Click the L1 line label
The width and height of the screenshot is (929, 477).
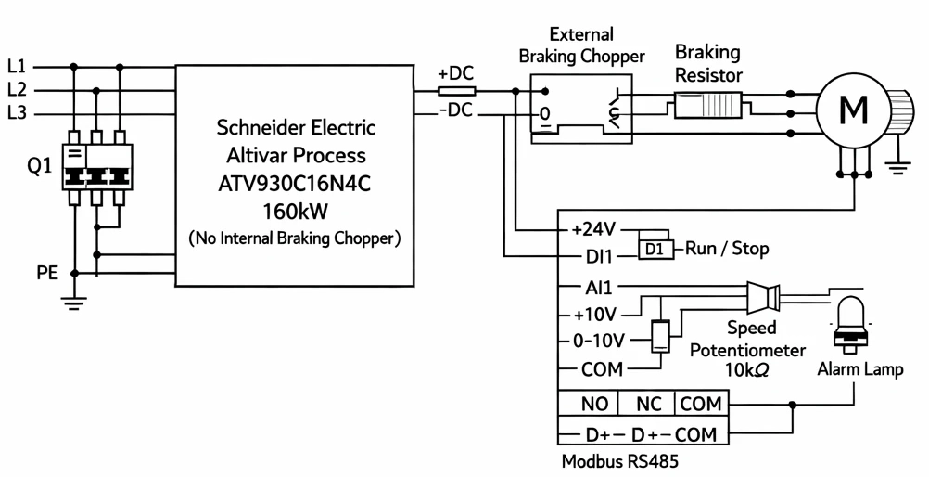(x=18, y=66)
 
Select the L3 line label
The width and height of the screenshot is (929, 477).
(x=18, y=112)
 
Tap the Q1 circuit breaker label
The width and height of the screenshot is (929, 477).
(x=40, y=167)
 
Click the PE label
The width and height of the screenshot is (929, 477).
(x=47, y=273)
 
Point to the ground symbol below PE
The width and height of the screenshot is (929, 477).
(x=74, y=303)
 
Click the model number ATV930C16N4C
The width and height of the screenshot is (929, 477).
(x=295, y=184)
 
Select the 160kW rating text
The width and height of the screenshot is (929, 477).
(x=295, y=212)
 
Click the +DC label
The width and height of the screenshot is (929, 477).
(x=455, y=73)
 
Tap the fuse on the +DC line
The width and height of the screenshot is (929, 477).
(x=456, y=91)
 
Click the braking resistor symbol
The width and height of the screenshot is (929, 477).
(x=708, y=108)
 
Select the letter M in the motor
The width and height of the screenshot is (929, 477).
(x=854, y=110)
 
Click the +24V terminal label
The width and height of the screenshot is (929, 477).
(x=593, y=229)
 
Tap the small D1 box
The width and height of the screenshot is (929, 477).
(x=655, y=250)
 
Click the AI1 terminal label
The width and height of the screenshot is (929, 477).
(x=598, y=288)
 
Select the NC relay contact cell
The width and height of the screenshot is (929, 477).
(x=647, y=404)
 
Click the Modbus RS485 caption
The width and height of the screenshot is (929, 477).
(x=619, y=461)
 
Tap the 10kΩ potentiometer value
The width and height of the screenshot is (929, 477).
(x=747, y=369)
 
